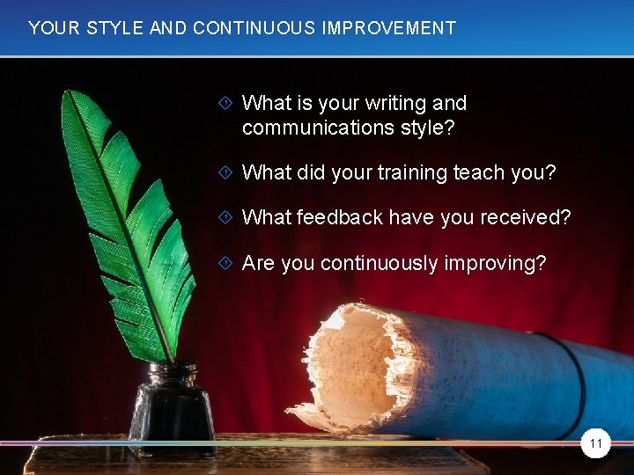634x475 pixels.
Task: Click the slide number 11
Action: [x=596, y=444]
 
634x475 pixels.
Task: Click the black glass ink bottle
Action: [x=172, y=409]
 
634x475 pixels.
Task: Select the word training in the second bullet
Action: [x=410, y=172]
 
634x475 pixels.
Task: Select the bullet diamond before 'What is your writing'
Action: [x=226, y=104]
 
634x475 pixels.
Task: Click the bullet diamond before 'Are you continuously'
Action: [x=226, y=263]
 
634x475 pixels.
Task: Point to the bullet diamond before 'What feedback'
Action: [x=226, y=217]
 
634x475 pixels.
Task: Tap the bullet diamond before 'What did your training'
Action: [x=226, y=172]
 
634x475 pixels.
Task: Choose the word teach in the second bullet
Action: [x=478, y=172]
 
